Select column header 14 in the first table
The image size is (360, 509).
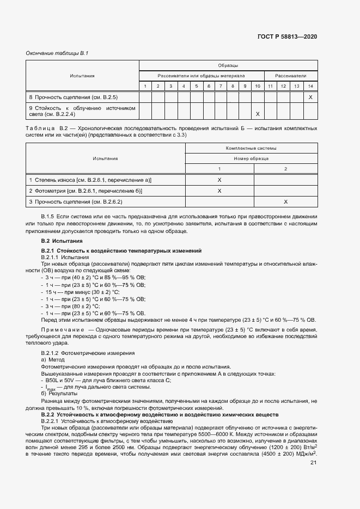(310, 86)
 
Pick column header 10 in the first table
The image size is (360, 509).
(258, 86)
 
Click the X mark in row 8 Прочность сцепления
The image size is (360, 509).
(310, 97)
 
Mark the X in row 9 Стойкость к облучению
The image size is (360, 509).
(258, 114)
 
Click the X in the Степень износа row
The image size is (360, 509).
(219, 179)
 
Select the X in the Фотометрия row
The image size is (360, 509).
(219, 191)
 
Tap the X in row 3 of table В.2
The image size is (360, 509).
(286, 201)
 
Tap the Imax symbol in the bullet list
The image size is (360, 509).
(50, 388)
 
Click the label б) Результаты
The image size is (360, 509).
(59, 393)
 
